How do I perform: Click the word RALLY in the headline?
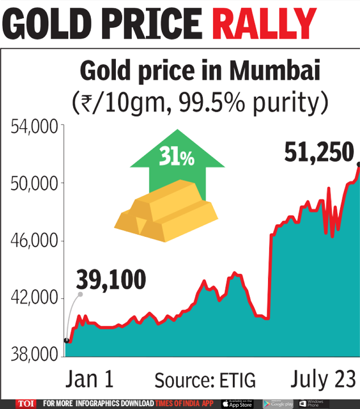tap(265, 24)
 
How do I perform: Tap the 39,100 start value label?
tap(111, 279)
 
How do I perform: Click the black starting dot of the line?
tap(67, 340)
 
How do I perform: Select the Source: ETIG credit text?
tap(205, 379)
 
